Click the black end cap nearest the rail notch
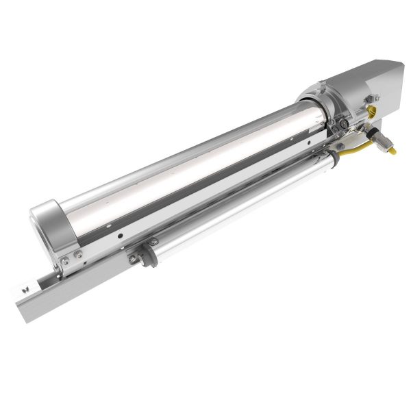[137, 256]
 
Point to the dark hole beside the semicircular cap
[120, 235]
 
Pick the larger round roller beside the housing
[340, 125]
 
